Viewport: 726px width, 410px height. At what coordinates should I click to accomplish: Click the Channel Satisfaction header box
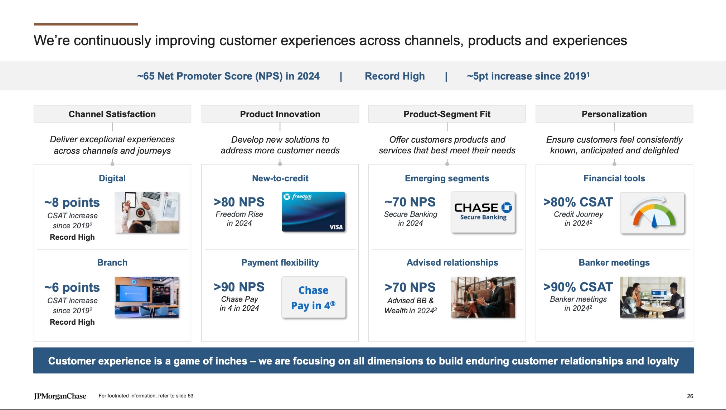(x=112, y=114)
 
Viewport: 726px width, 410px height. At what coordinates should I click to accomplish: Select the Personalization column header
(x=614, y=114)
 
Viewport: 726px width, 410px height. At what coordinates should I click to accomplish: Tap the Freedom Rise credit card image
(x=313, y=212)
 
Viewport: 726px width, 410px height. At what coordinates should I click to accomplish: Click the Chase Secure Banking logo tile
(x=483, y=212)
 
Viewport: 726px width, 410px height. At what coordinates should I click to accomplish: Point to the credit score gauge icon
(x=652, y=213)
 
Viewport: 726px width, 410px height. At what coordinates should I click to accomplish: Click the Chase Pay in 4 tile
(x=313, y=297)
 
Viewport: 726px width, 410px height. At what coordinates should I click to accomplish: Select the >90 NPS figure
(x=239, y=287)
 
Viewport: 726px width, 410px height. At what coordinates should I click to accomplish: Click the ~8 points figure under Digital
(x=72, y=202)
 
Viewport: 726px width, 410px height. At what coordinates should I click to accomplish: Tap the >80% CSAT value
(x=578, y=202)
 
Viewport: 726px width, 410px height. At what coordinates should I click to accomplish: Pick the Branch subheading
(x=112, y=262)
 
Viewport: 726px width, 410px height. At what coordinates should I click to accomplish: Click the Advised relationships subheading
(x=452, y=262)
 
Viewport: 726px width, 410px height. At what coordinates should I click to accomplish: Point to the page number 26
(x=690, y=396)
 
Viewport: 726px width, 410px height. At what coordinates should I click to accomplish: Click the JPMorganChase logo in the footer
(x=60, y=396)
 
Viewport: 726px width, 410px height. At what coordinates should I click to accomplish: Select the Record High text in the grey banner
(x=395, y=76)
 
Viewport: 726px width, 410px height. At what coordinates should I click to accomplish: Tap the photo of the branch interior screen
(x=146, y=297)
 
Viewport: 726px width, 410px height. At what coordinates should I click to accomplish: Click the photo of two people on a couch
(x=483, y=297)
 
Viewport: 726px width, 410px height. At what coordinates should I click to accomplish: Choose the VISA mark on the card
(x=335, y=227)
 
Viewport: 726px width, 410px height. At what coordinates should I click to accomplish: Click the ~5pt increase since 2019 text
(x=528, y=76)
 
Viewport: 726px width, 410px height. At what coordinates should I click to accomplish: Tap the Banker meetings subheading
(x=614, y=262)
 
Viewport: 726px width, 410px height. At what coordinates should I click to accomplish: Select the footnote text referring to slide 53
(x=146, y=396)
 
